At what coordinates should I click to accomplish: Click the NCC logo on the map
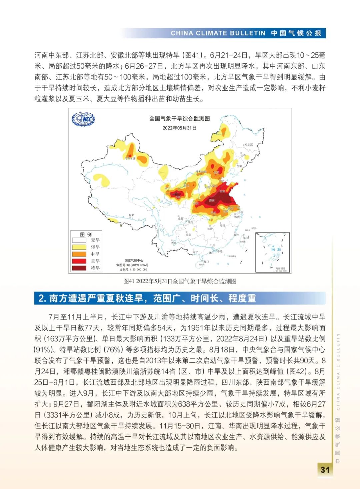[83, 119]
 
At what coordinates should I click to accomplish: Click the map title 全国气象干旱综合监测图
[179, 118]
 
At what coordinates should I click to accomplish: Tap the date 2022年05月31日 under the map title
[179, 128]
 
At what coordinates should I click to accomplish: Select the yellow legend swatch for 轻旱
[79, 247]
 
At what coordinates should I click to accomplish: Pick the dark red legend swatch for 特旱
[79, 268]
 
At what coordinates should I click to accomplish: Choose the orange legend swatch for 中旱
[79, 254]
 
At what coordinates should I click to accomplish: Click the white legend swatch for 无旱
[79, 240]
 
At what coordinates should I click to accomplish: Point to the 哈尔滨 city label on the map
[249, 144]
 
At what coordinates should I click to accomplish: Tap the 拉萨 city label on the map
[132, 215]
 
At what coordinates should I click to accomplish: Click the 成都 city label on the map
[180, 219]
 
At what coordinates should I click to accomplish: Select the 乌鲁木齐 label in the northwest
[130, 158]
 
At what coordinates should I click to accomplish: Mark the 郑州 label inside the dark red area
[212, 200]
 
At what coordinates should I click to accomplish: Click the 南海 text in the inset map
[276, 249]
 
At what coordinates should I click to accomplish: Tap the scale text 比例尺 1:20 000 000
[133, 270]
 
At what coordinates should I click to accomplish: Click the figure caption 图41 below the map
[180, 281]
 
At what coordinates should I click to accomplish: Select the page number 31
[325, 470]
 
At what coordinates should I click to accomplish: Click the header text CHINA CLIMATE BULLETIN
[218, 33]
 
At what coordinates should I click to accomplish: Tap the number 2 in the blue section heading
[41, 298]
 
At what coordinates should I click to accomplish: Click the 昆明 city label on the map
[173, 243]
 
